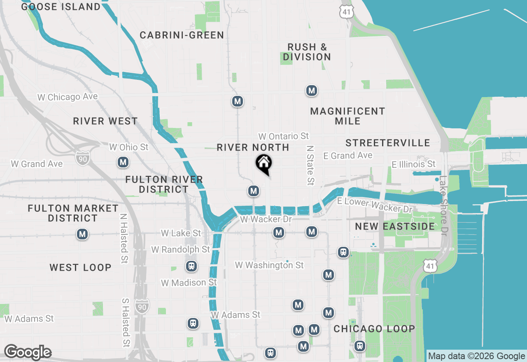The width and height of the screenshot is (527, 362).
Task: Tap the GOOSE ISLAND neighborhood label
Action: pos(61,7)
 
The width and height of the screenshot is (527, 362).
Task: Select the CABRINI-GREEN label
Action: pos(182,35)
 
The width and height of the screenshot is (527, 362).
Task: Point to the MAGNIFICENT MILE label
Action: pos(347,116)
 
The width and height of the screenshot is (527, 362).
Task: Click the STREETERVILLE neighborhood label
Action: pos(388,143)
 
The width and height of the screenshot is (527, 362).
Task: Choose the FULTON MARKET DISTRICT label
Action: pos(73,213)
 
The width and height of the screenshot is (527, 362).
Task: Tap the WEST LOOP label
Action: pos(81,267)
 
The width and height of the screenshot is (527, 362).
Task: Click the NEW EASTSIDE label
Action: pos(395,226)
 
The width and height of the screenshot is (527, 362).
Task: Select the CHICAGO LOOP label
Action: pos(374,329)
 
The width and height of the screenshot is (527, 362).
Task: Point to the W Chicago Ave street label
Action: pos(68,97)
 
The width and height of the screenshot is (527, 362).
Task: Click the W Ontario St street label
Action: pos(284,136)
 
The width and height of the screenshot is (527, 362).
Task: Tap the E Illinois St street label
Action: pos(413,164)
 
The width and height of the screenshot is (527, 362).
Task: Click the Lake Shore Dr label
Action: pos(443,206)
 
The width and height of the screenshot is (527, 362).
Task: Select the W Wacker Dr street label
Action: pos(266,219)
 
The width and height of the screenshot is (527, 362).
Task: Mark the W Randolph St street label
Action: pos(180,249)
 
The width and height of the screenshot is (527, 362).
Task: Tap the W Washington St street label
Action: pos(269,265)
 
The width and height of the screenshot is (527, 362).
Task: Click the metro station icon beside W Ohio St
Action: pos(123,162)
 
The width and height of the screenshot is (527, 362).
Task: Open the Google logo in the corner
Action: pos(28,353)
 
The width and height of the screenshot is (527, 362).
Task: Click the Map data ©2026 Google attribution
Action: pos(476,356)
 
